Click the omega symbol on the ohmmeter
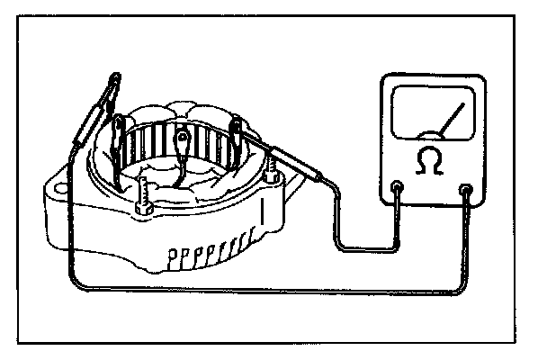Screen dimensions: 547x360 [x=430, y=160]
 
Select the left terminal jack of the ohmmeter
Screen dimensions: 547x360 [x=399, y=190]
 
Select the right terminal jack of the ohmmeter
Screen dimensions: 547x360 [x=465, y=190]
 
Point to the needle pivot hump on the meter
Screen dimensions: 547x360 [x=431, y=136]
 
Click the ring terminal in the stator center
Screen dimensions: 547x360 [x=184, y=139]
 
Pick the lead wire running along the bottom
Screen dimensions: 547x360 [x=270, y=290]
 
